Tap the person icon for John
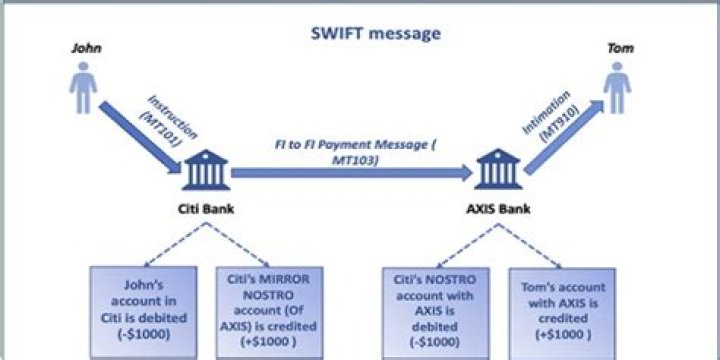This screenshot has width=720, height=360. [84, 89]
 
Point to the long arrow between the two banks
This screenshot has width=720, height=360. [350, 173]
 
